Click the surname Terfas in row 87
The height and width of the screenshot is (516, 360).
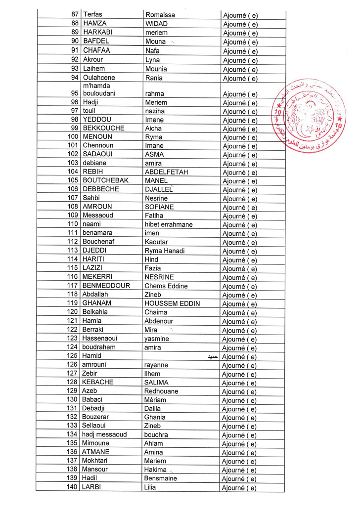pyautogui.click(x=92, y=14)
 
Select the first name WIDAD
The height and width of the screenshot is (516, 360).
pyautogui.click(x=156, y=23)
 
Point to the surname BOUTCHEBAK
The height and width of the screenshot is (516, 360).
pyautogui.click(x=105, y=180)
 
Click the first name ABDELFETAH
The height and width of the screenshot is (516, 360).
pyautogui.click(x=166, y=172)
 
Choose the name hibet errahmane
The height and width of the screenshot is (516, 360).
pyautogui.click(x=169, y=224)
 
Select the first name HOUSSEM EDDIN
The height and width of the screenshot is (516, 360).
pyautogui.click(x=172, y=303)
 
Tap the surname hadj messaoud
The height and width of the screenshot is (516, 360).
pyautogui.click(x=104, y=434)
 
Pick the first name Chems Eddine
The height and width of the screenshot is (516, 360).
pyautogui.click(x=166, y=286)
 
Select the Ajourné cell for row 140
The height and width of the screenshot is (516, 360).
pyautogui.click(x=240, y=488)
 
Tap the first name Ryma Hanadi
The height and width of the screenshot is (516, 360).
pyautogui.click(x=165, y=251)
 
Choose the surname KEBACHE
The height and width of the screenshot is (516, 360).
pyautogui.click(x=97, y=382)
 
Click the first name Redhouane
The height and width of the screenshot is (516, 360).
pyautogui.click(x=161, y=391)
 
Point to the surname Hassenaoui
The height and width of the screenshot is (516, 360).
pyautogui.click(x=99, y=339)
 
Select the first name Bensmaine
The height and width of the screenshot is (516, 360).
pyautogui.click(x=160, y=478)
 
